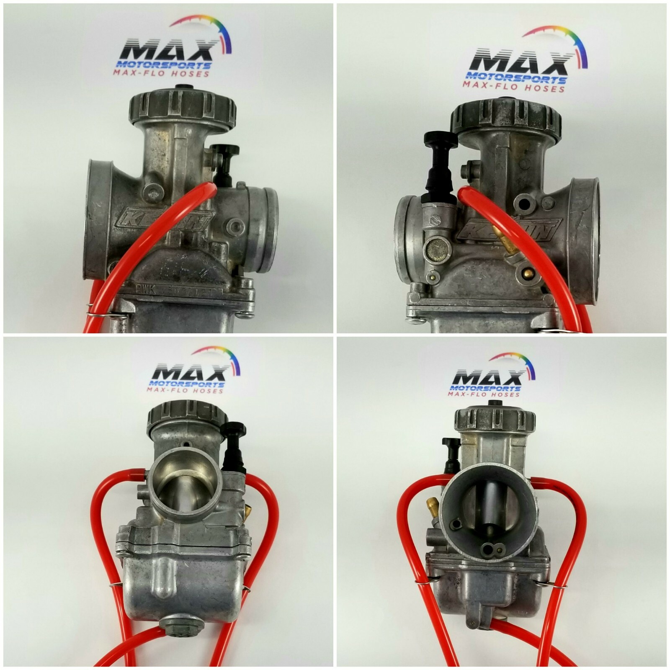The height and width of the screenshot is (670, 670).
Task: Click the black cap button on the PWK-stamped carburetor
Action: (183, 87)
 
